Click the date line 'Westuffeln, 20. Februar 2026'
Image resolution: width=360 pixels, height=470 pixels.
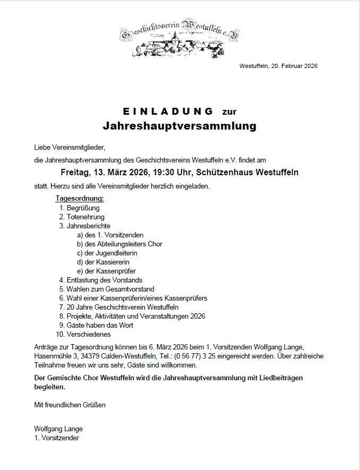(278, 66)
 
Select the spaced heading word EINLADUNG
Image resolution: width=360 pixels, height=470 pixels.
(168, 112)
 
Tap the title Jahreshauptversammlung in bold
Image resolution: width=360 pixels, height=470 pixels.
(179, 126)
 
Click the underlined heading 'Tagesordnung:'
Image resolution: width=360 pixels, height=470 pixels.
(80, 199)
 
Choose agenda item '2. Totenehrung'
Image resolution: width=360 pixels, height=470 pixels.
(82, 217)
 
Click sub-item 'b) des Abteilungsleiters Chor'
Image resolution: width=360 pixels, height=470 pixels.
(119, 244)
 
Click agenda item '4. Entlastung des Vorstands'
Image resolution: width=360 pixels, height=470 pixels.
(101, 280)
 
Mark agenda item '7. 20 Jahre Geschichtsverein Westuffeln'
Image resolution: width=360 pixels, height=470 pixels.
(119, 307)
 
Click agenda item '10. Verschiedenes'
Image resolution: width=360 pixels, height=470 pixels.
(84, 334)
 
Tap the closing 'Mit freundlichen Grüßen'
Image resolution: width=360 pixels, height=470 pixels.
(70, 405)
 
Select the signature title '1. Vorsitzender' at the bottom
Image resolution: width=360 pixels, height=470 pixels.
(57, 438)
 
